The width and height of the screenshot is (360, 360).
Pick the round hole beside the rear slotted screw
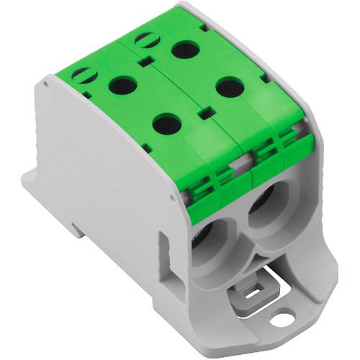point(186,50)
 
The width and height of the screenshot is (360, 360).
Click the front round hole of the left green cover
point(166,124)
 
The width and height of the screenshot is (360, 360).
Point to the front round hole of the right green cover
point(229,88)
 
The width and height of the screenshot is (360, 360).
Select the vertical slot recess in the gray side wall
point(162,238)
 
